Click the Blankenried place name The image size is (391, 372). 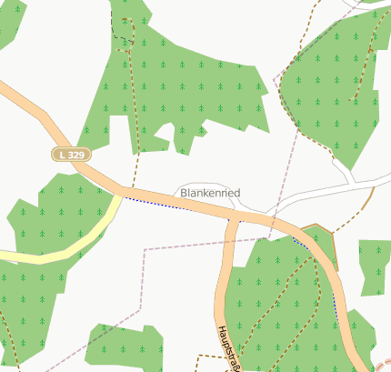(210, 193)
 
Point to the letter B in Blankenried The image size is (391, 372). (185, 193)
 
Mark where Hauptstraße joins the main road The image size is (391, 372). (235, 216)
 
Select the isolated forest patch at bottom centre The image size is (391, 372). (125, 345)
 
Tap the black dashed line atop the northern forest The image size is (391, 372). (115, 27)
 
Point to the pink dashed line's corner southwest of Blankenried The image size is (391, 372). (145, 248)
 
